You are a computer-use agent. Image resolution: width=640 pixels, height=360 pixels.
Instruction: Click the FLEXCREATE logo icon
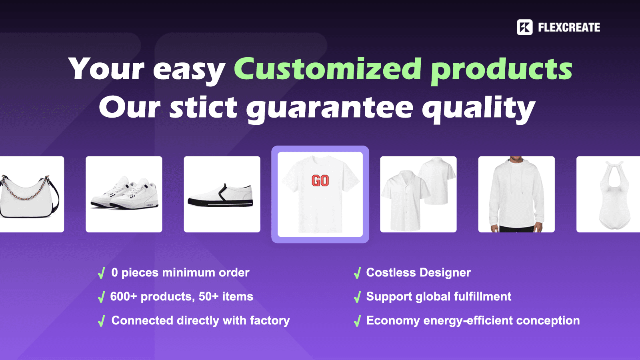[x=524, y=27]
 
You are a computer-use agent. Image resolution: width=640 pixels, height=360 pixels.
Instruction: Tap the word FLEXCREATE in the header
[x=569, y=27]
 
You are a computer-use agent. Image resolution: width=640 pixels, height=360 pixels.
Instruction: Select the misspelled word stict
[x=204, y=107]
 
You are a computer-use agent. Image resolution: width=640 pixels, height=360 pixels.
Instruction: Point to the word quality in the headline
[x=478, y=108]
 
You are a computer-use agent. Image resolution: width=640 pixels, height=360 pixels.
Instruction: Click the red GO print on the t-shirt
[x=320, y=181]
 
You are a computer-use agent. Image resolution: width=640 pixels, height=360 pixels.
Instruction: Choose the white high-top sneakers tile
[x=124, y=194]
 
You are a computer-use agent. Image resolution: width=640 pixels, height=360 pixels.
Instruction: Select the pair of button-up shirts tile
[x=418, y=194]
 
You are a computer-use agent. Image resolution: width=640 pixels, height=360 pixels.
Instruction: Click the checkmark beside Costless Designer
[x=357, y=274]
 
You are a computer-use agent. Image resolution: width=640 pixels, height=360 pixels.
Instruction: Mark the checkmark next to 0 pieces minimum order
[x=102, y=274]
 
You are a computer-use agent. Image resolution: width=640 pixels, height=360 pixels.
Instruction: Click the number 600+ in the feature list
[x=123, y=297]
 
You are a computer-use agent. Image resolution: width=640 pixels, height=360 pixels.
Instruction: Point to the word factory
[x=270, y=321]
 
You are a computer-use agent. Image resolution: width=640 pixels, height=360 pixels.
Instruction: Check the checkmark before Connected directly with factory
[x=102, y=321]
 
